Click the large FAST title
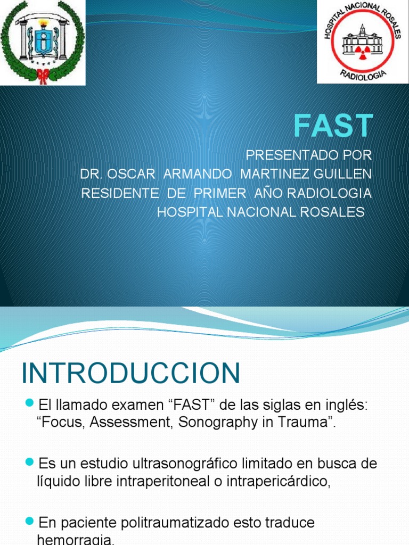click(333, 126)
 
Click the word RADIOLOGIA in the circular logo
click(363, 73)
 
